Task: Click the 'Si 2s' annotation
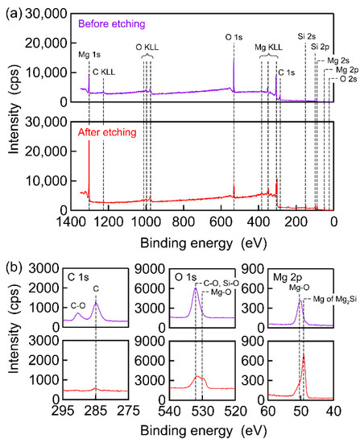point(307,36)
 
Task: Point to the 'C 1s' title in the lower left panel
point(83,280)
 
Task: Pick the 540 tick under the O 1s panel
point(172,412)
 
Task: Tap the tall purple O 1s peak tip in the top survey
point(234,59)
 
